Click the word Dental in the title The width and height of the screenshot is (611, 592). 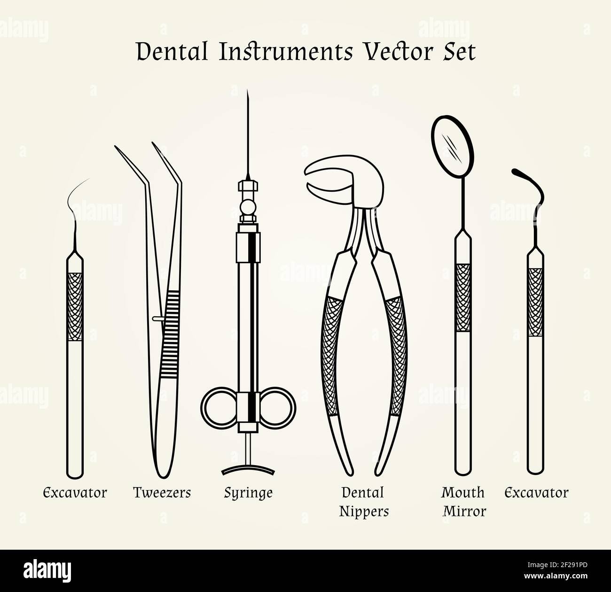(172, 52)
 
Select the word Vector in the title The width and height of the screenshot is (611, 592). (398, 52)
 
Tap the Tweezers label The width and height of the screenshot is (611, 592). (162, 492)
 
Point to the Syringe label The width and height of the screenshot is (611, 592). (248, 493)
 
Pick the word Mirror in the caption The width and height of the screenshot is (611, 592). (464, 511)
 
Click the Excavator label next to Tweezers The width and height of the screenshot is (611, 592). (75, 493)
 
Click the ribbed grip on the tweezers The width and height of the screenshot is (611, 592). (171, 334)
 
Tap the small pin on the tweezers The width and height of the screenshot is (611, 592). (157, 319)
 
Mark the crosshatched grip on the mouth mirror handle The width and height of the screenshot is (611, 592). (463, 297)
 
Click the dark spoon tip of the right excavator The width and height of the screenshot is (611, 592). (517, 172)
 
